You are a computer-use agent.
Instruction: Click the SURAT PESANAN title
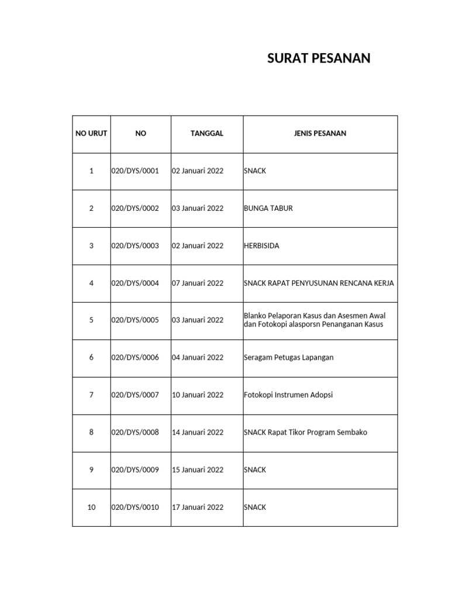click(319, 58)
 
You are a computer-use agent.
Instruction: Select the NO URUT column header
click(91, 134)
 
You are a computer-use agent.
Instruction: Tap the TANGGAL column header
click(207, 134)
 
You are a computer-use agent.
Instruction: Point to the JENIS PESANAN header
click(320, 134)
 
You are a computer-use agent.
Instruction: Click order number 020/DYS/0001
click(135, 171)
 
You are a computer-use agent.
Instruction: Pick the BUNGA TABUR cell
click(268, 208)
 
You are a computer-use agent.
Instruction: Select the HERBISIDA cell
click(261, 246)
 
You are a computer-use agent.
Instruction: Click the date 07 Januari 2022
click(198, 283)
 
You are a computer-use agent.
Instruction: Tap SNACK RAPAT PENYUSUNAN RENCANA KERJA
click(319, 283)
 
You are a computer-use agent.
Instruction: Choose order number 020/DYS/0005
click(135, 320)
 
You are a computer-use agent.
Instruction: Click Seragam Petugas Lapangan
click(288, 357)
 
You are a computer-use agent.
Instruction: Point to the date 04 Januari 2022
click(198, 357)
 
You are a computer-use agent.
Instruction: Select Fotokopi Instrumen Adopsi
click(288, 395)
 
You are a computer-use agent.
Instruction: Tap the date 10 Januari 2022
click(198, 395)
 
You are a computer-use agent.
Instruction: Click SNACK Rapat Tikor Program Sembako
click(305, 432)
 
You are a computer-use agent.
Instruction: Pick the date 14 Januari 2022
click(198, 432)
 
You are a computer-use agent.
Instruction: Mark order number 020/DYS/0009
click(135, 470)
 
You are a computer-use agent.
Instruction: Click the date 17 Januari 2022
click(198, 507)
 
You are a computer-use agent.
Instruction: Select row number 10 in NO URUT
click(91, 507)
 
